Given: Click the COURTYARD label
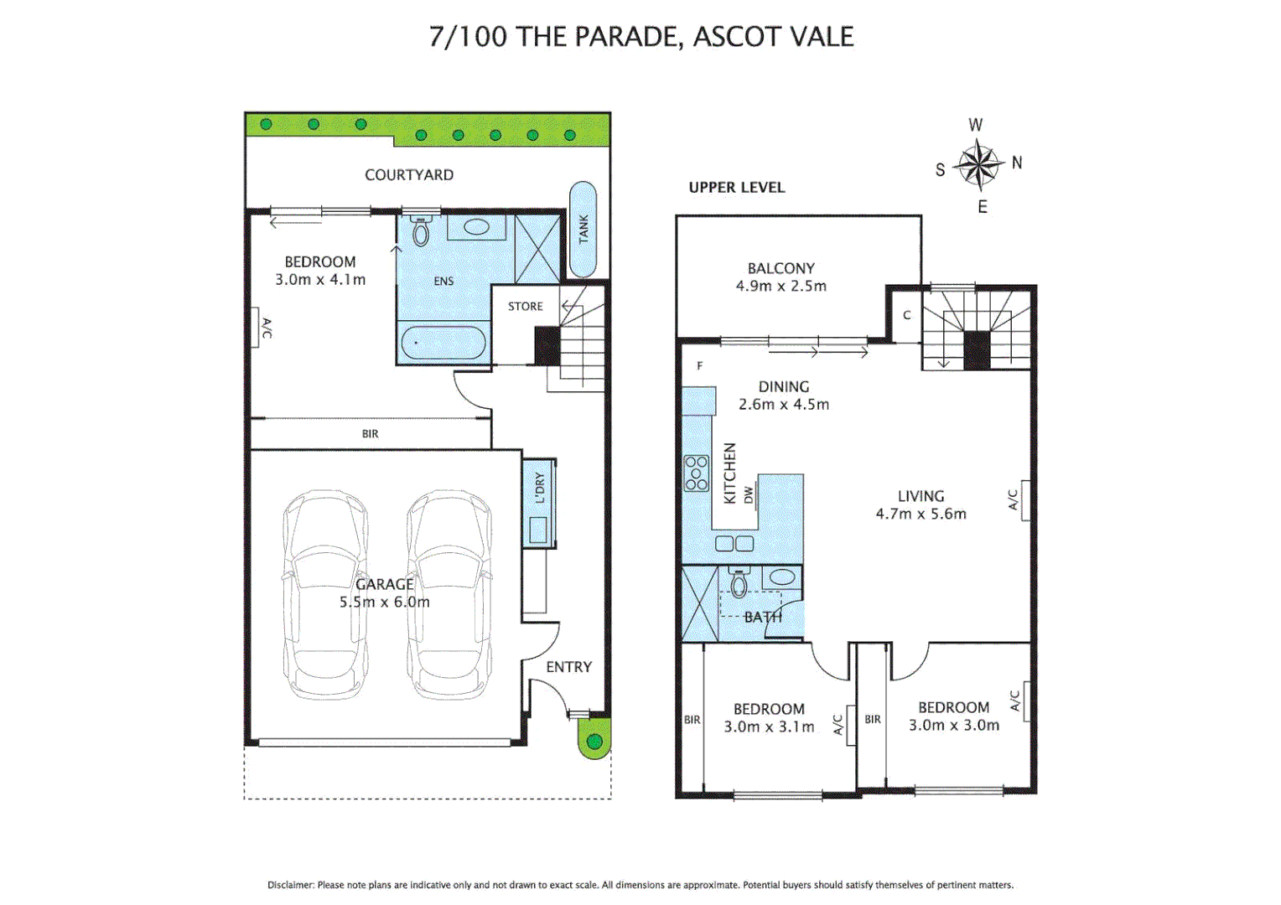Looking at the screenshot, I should [409, 174].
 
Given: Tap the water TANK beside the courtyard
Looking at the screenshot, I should [583, 229].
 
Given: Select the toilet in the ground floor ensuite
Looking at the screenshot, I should [421, 231].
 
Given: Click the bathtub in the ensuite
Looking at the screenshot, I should [443, 343].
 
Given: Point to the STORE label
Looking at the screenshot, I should [526, 307].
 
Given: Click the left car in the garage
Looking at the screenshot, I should [325, 594].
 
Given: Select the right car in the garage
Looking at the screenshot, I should [449, 594].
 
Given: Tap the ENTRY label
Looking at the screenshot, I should [568, 667].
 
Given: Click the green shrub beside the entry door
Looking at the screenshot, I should [594, 742].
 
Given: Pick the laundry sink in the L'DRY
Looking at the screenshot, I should [537, 530].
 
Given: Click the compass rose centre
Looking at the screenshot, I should [978, 163].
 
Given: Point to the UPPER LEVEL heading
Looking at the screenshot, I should [737, 188].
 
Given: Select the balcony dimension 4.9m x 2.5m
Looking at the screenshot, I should [781, 286].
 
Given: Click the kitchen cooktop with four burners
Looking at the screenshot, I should [696, 473].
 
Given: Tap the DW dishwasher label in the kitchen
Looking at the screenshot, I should [749, 494].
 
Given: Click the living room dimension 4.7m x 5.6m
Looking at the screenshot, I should [921, 514].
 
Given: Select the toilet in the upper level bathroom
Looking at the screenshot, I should [739, 583].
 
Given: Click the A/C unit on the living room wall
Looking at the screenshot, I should [1024, 500].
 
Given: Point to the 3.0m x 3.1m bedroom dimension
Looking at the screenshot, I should [769, 727].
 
